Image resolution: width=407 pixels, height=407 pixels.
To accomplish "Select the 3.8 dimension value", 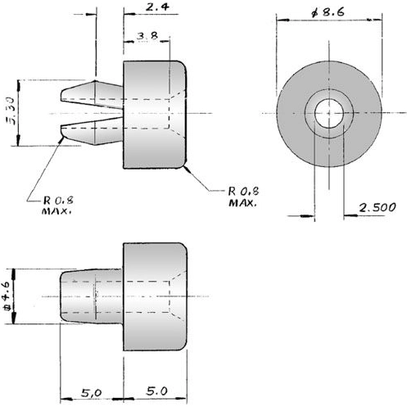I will pyautogui.click(x=148, y=35).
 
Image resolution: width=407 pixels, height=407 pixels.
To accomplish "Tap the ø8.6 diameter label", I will pyautogui.click(x=329, y=13).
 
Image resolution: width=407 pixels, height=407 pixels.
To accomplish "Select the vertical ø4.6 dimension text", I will pyautogui.click(x=7, y=296).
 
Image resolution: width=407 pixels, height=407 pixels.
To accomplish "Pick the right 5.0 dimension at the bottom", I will pyautogui.click(x=156, y=393).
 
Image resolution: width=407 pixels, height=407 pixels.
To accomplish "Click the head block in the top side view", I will pyautogui.click(x=156, y=113).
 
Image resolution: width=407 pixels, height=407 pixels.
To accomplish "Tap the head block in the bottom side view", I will pyautogui.click(x=156, y=296).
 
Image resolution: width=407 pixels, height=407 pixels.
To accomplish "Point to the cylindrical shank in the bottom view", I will pyautogui.click(x=92, y=296).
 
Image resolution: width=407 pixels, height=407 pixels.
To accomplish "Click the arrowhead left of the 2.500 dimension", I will pyautogui.click(x=309, y=217).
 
